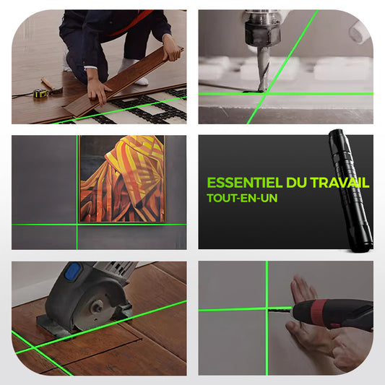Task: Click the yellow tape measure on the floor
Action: click(x=40, y=94)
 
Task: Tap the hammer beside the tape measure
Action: click(x=51, y=87)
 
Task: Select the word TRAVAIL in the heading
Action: click(x=339, y=183)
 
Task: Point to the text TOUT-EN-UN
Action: click(x=242, y=198)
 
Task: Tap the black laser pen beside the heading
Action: click(x=352, y=190)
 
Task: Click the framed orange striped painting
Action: click(x=122, y=179)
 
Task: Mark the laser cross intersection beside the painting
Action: click(x=77, y=225)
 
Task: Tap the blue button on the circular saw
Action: click(x=74, y=272)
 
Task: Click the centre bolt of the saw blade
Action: click(x=97, y=307)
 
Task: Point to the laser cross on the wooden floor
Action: click(x=34, y=348)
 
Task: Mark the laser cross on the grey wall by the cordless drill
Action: click(x=267, y=309)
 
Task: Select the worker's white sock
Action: click(x=134, y=72)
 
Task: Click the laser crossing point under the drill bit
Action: click(x=265, y=94)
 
